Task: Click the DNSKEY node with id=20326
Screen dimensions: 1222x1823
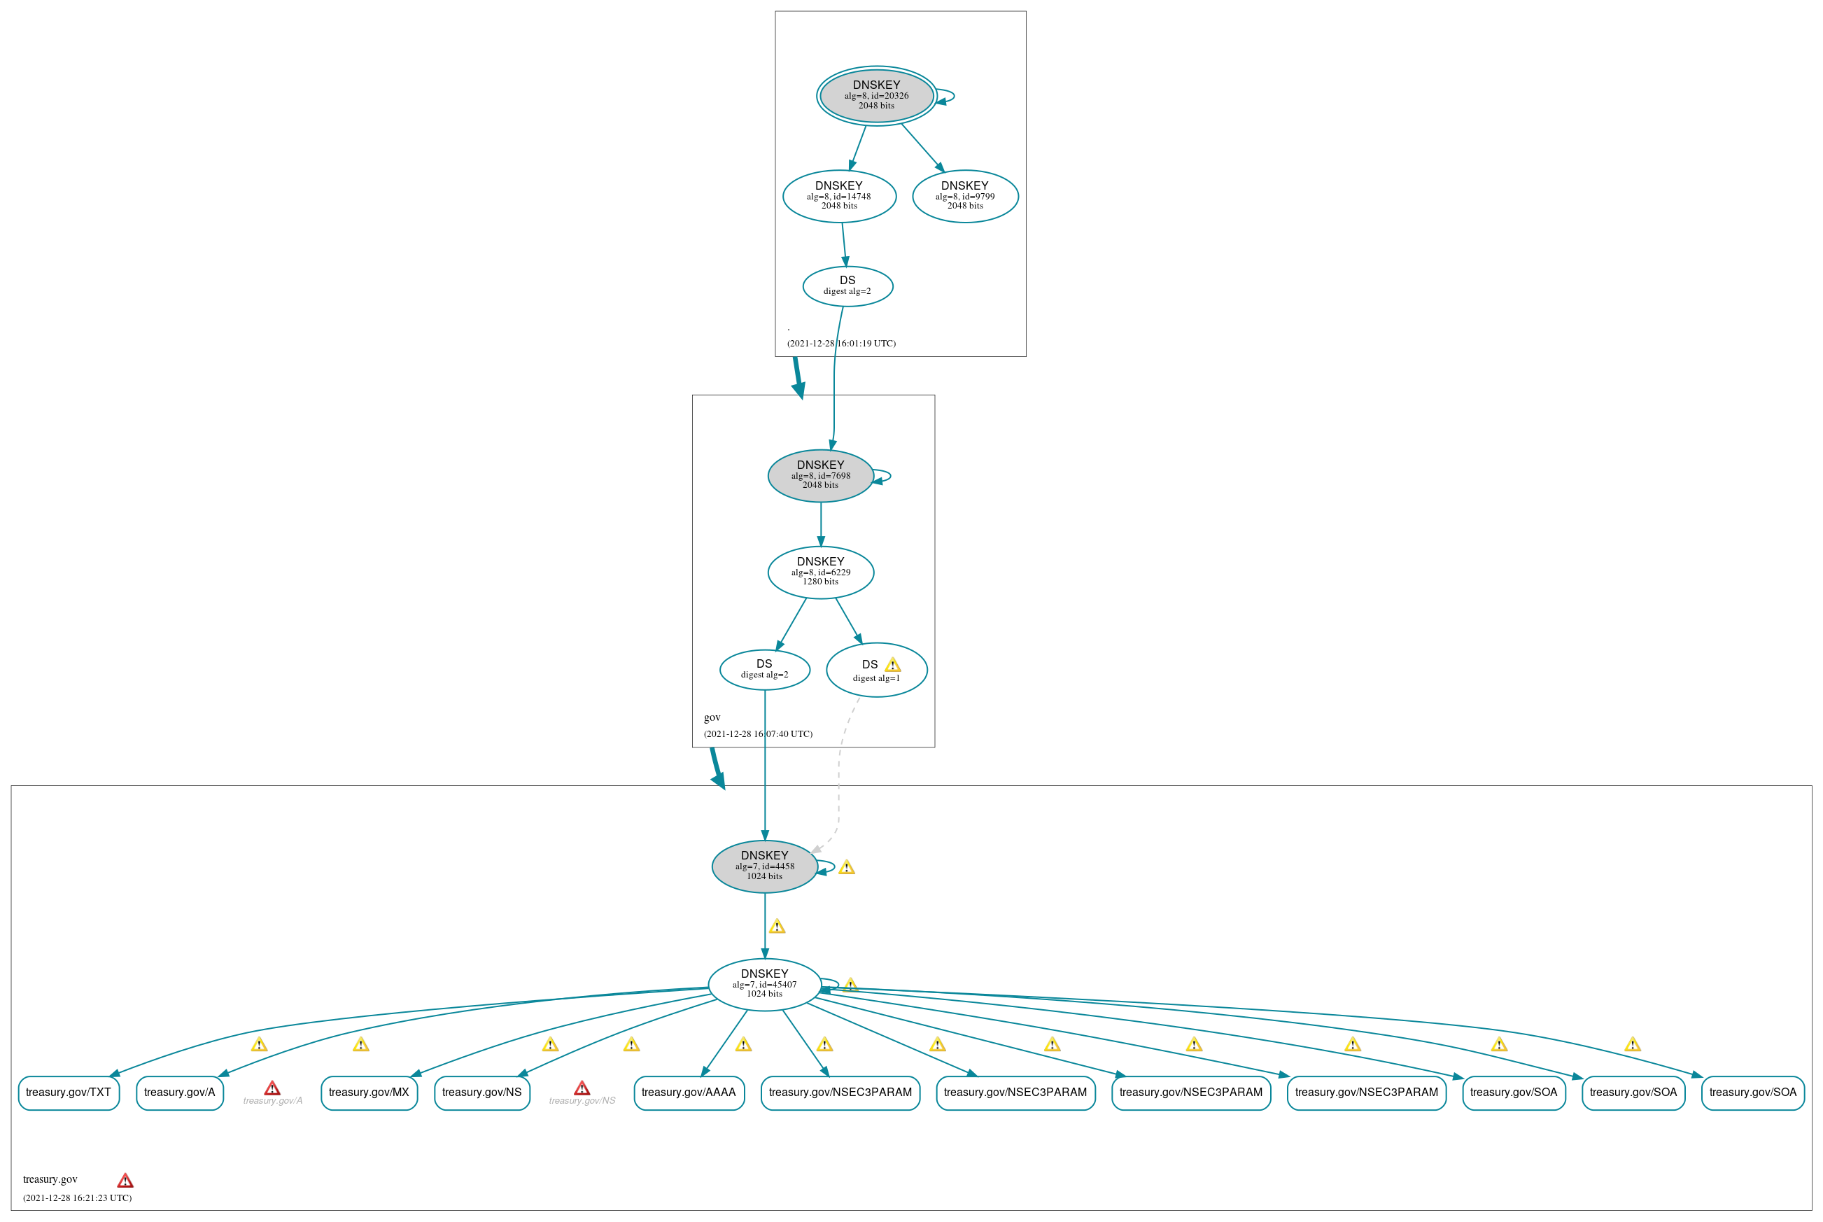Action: (876, 95)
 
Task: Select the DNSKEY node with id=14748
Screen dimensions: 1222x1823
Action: (839, 197)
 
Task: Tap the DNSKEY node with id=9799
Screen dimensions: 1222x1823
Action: (964, 197)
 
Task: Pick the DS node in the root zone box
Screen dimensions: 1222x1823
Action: (847, 286)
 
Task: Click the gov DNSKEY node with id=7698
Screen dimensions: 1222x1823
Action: (820, 475)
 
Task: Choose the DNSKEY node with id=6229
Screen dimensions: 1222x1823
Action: (820, 572)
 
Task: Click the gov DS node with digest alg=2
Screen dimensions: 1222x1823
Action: (764, 670)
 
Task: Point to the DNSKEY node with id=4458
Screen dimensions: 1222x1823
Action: (764, 866)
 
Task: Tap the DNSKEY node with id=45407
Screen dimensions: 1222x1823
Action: (764, 984)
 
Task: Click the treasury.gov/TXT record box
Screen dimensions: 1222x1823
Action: (69, 1093)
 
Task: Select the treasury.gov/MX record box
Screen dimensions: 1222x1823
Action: (369, 1093)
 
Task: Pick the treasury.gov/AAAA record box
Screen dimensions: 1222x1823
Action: (689, 1093)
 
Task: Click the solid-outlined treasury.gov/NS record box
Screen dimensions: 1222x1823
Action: (481, 1093)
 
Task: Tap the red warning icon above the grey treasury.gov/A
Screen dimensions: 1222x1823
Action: (272, 1088)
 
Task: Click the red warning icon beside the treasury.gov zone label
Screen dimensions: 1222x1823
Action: (125, 1181)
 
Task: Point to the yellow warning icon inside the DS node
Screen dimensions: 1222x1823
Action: (893, 665)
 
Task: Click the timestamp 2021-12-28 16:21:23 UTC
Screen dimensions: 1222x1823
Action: (77, 1198)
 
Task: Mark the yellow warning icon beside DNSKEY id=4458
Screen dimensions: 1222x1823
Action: (847, 867)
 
